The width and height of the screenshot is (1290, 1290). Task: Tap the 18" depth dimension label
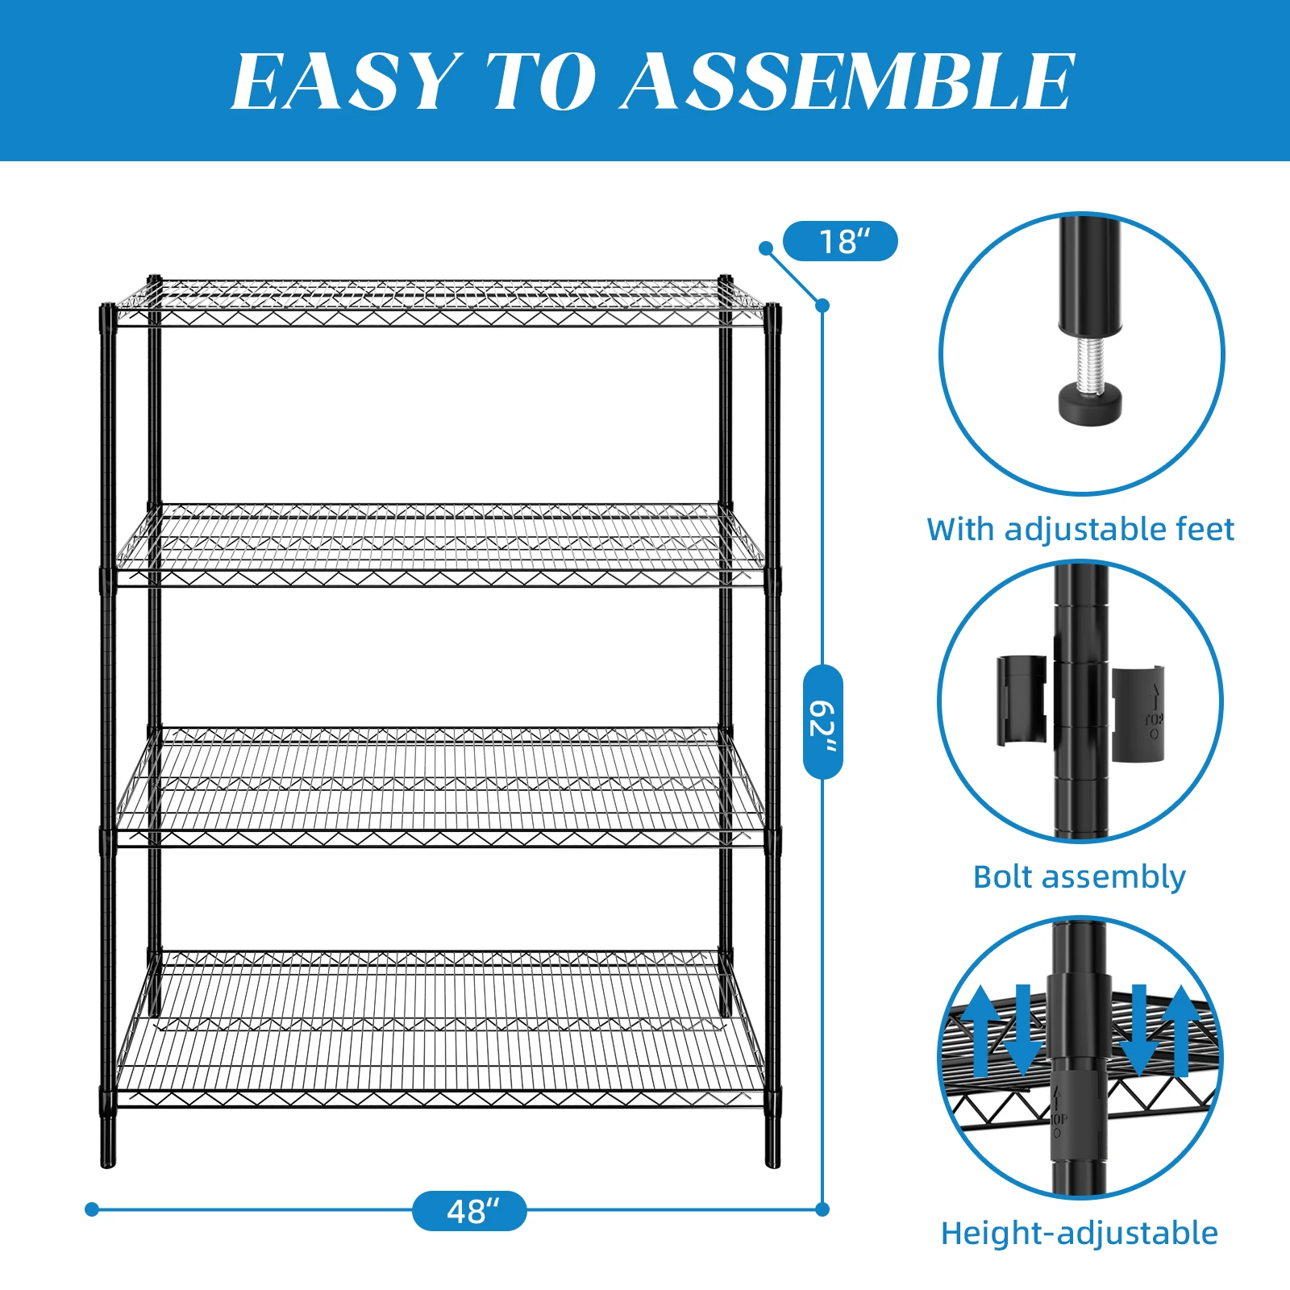click(840, 241)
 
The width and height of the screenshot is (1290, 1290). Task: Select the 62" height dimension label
click(823, 722)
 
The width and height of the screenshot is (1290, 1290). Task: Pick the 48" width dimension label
click(469, 1211)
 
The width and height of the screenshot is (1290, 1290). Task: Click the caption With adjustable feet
click(1080, 530)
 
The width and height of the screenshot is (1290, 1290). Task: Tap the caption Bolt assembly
click(1079, 876)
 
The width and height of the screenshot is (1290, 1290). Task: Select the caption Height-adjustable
click(1079, 1234)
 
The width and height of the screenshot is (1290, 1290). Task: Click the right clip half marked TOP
click(1138, 714)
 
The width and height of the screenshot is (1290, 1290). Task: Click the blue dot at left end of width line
click(92, 1209)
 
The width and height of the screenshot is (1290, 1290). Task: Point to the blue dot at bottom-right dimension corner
click(822, 1209)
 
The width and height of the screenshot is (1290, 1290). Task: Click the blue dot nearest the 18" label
click(766, 248)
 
